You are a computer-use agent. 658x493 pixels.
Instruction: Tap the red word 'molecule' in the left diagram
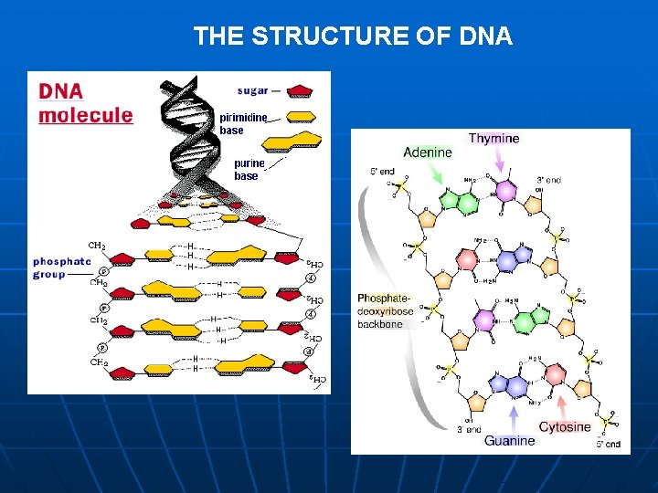pos(85,115)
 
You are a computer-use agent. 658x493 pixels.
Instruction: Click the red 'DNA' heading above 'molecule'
pos(60,91)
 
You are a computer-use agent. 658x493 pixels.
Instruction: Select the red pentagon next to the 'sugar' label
pos(301,91)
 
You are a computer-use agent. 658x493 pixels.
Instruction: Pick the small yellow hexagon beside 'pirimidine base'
pos(301,117)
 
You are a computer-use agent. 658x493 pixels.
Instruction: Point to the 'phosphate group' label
pos(62,267)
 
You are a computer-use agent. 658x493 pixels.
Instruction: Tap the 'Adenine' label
pos(427,152)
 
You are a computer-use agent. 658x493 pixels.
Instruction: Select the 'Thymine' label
pos(493,139)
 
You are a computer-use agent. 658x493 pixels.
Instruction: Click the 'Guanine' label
pos(509,441)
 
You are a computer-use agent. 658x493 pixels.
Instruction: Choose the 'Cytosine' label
pos(564,427)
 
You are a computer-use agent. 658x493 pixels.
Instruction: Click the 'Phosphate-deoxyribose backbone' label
pos(385,311)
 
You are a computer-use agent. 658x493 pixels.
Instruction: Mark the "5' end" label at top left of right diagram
pos(381,171)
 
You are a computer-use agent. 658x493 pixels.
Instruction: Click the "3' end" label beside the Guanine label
pos(470,429)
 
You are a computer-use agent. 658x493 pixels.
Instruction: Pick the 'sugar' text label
pos(252,90)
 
